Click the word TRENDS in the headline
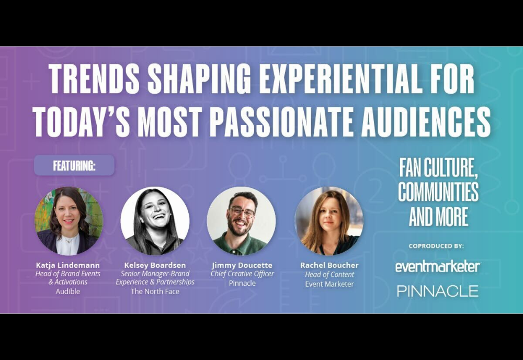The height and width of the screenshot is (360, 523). pos(94,78)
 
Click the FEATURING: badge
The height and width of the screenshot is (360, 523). pos(74,165)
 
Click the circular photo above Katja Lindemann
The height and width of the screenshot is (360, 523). pos(69,221)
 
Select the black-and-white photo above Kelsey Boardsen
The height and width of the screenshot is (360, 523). pos(155,221)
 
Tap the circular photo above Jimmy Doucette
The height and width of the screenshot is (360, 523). pos(241,221)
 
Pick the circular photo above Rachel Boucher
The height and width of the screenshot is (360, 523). pos(329,221)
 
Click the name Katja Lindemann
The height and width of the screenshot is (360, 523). pos(67,265)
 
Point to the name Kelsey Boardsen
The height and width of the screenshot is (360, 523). pos(155,265)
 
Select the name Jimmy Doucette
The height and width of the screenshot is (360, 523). pos(242,265)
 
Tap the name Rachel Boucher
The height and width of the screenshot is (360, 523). pos(329,265)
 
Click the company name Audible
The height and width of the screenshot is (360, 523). pos(67,291)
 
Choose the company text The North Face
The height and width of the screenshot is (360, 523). pos(155,291)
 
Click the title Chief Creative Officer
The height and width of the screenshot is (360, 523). pos(242,274)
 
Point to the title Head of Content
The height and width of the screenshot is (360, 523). pos(329,275)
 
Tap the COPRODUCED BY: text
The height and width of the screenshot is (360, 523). pos(436,246)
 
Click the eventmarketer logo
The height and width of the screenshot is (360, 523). pos(438,266)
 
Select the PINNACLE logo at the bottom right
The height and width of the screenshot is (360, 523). pos(438,291)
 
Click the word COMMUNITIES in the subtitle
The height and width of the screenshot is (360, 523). pos(438,192)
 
